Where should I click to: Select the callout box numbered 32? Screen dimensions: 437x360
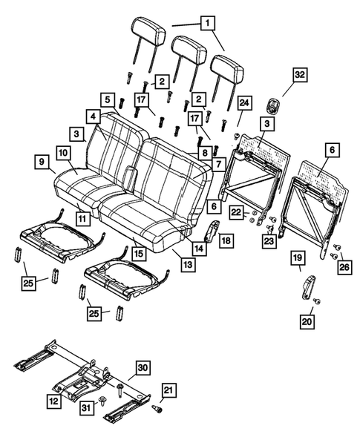point(300,75)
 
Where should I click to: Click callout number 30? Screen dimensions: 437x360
point(143,367)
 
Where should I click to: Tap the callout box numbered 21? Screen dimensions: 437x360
point(169,392)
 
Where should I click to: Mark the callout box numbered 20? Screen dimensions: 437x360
point(307,321)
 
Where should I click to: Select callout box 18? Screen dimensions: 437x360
point(226,240)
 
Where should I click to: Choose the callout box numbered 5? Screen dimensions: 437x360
point(108,99)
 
